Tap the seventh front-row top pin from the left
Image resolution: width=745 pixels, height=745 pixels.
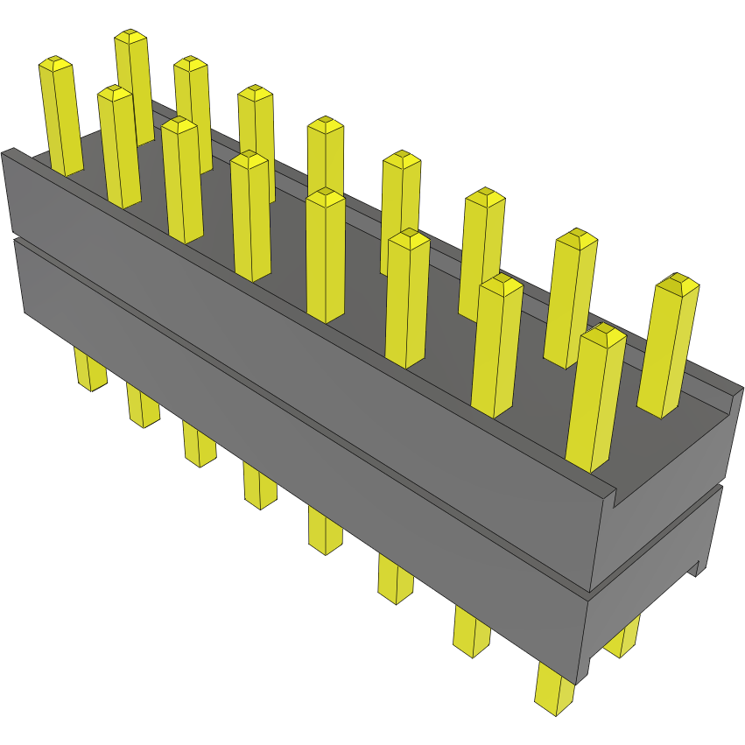[496, 346]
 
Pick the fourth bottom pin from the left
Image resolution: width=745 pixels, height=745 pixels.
[259, 486]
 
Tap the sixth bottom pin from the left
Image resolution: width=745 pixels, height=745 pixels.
[395, 579]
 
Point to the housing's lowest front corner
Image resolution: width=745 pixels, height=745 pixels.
[580, 682]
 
